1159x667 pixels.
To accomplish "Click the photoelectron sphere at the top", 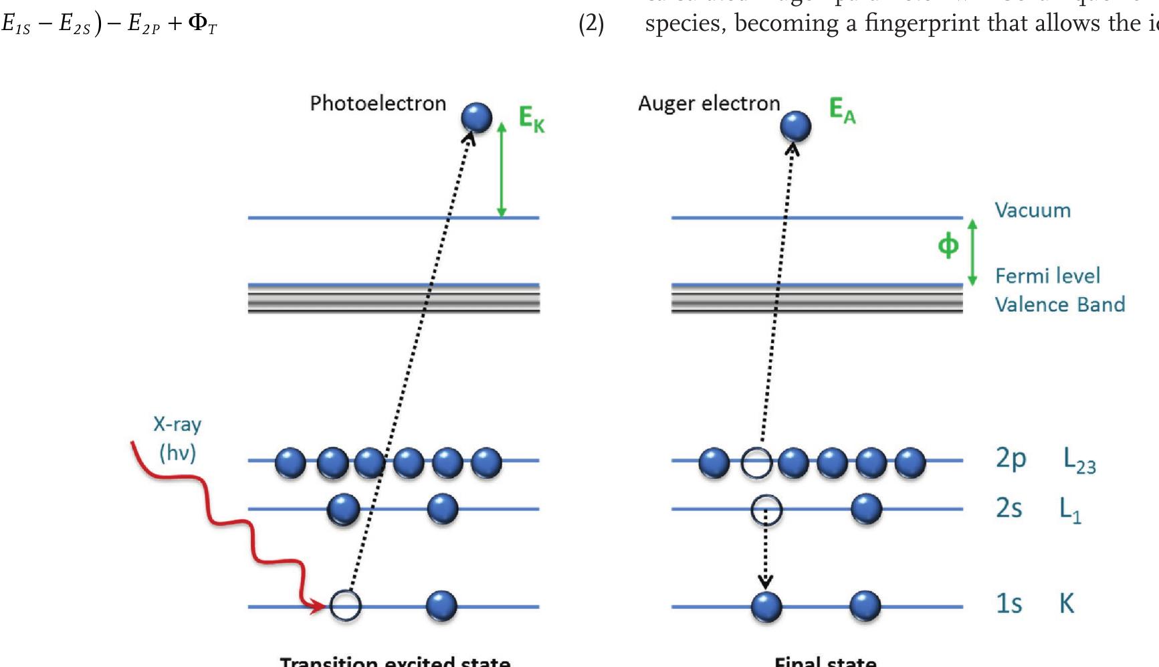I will click(x=476, y=118).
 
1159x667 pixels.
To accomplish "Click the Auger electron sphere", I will click(x=795, y=125).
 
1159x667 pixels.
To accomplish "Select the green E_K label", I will click(x=532, y=119).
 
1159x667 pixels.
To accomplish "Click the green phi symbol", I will click(x=948, y=246).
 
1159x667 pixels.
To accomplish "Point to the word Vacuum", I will click(x=1033, y=211).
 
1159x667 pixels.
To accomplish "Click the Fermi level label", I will click(x=1047, y=276).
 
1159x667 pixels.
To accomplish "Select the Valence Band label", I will click(x=1059, y=305).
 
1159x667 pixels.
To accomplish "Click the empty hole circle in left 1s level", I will click(x=346, y=606).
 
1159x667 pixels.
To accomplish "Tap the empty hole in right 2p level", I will click(x=756, y=462).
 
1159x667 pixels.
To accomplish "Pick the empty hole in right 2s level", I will click(x=766, y=510).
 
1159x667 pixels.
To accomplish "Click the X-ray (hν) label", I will click(x=177, y=439).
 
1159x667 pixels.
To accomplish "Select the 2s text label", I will click(x=1009, y=508).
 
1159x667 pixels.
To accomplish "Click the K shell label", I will click(x=1066, y=603).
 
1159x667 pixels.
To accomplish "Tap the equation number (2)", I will click(x=591, y=25).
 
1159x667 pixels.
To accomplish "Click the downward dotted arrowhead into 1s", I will click(x=766, y=583).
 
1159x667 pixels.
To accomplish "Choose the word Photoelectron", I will click(x=378, y=104).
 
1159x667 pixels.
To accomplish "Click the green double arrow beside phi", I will click(x=972, y=252).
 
